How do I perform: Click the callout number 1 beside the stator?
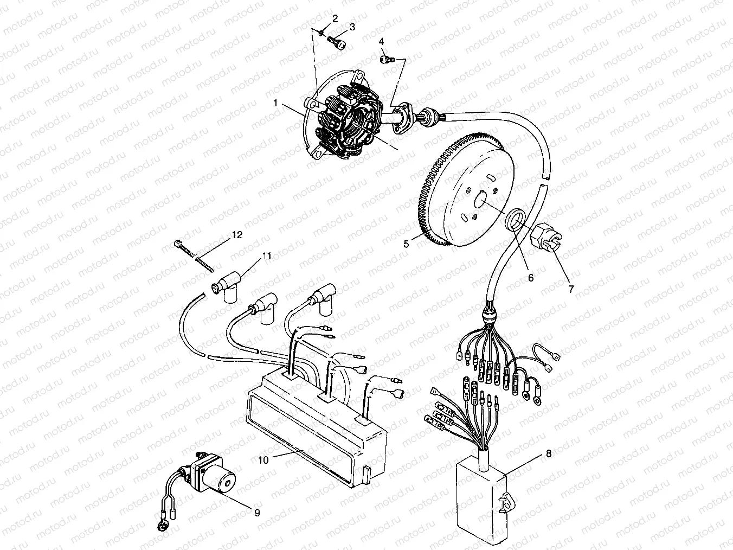point(276,102)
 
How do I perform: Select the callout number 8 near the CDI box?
point(549,453)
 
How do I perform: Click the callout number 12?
point(237,235)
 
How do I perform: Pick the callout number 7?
point(571,289)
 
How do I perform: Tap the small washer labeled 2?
point(323,34)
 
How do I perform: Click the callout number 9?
point(256,512)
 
